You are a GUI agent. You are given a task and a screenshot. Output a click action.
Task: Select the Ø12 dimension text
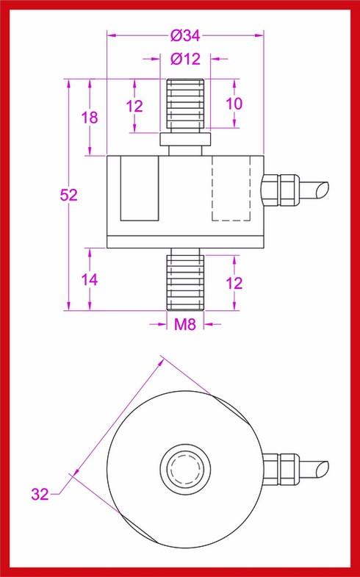pyautogui.click(x=184, y=60)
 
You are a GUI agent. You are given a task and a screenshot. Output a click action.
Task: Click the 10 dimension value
pyautogui.click(x=233, y=104)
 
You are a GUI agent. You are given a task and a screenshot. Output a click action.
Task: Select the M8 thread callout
pyautogui.click(x=184, y=323)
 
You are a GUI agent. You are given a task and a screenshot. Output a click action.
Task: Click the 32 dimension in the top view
pyautogui.click(x=40, y=493)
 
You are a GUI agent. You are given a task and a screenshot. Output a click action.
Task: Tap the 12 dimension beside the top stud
pyautogui.click(x=134, y=106)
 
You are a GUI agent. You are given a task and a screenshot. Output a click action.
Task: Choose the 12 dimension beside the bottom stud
pyautogui.click(x=233, y=283)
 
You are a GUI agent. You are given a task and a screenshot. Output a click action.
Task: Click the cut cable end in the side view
pyautogui.click(x=317, y=190)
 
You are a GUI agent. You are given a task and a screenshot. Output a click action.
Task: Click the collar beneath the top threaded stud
pyautogui.click(x=184, y=138)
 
